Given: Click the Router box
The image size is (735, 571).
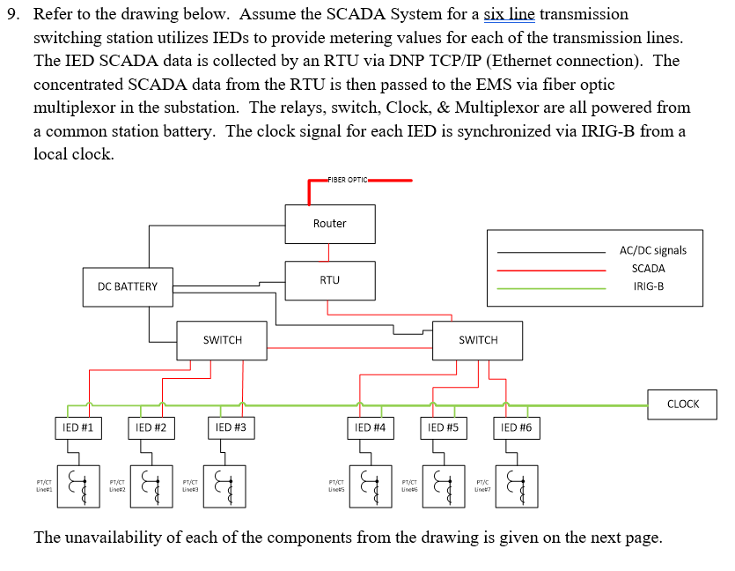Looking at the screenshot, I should pyautogui.click(x=329, y=224).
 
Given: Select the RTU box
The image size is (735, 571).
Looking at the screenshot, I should pyautogui.click(x=329, y=280).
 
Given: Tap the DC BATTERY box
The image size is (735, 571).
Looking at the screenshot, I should pyautogui.click(x=128, y=286).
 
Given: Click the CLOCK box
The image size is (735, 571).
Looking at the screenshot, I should pyautogui.click(x=682, y=404).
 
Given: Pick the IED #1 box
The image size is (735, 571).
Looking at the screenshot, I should pyautogui.click(x=78, y=428).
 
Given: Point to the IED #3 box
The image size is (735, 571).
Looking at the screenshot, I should pyautogui.click(x=231, y=428).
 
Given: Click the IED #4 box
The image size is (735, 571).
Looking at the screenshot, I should pyautogui.click(x=370, y=428).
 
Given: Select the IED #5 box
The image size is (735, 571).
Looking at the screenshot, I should pyautogui.click(x=443, y=428).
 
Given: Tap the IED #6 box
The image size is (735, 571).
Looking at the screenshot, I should pyautogui.click(x=516, y=428).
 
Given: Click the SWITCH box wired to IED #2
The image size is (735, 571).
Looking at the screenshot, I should pyautogui.click(x=222, y=340).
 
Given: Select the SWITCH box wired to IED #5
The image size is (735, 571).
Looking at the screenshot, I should pyautogui.click(x=478, y=340).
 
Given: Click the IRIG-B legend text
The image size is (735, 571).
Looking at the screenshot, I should pyautogui.click(x=648, y=287).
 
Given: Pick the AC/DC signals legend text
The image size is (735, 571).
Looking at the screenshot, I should pyautogui.click(x=652, y=250).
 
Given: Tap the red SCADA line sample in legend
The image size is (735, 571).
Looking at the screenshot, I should pyautogui.click(x=550, y=269).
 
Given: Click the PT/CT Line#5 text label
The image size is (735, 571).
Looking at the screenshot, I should pyautogui.click(x=335, y=486).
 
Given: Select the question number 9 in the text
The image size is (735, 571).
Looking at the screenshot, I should pyautogui.click(x=11, y=15).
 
